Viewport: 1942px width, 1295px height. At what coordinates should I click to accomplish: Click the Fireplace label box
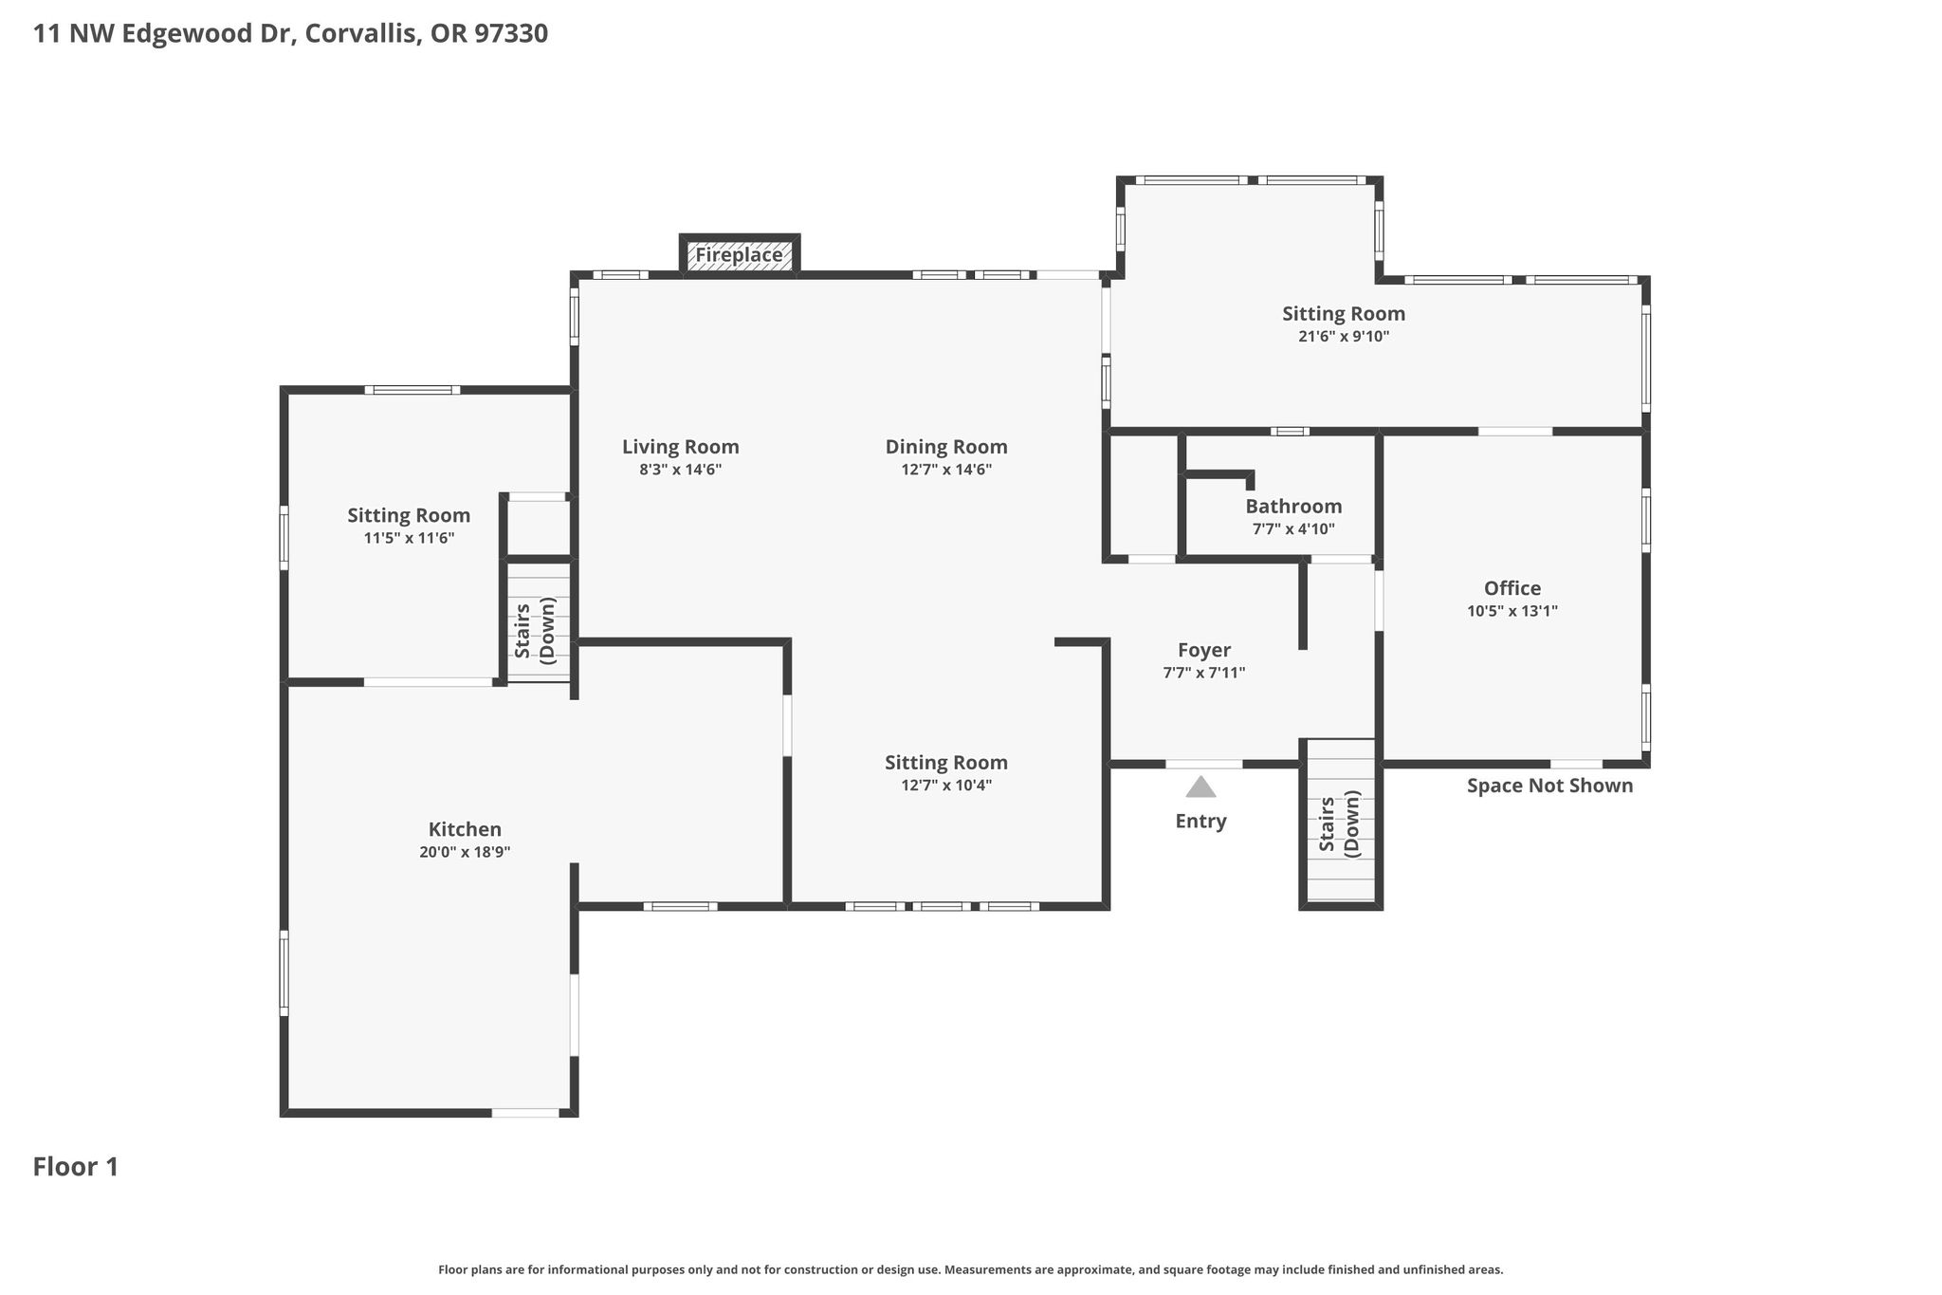[x=740, y=254]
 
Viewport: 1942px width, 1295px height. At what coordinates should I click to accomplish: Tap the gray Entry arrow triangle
[x=1200, y=786]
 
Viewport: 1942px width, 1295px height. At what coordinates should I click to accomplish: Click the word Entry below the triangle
[x=1200, y=822]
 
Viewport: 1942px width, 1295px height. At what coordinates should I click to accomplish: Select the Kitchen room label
[x=465, y=829]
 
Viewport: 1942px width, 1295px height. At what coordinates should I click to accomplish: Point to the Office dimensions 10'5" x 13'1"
[x=1512, y=611]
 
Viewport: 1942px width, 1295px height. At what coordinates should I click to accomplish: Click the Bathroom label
[x=1293, y=506]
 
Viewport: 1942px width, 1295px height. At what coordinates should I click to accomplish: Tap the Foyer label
[x=1204, y=650]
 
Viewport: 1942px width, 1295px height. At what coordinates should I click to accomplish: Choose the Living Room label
[x=681, y=447]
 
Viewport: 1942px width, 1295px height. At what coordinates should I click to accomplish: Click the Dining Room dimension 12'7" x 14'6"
[x=946, y=470]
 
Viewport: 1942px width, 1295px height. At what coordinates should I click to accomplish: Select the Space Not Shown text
[x=1549, y=786]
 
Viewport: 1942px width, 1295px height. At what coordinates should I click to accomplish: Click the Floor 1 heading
[x=76, y=1167]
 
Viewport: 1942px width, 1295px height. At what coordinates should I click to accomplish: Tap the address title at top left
[x=290, y=34]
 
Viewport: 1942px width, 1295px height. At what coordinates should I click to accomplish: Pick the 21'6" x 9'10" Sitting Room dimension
[x=1344, y=337]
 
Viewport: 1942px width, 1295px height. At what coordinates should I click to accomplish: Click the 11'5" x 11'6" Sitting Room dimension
[x=409, y=539]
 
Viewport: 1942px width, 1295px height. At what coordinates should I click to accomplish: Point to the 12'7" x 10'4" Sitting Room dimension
[x=945, y=786]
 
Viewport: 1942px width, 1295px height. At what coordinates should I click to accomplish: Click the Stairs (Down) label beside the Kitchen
[x=534, y=630]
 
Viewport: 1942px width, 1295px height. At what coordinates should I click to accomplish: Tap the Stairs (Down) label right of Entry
[x=1339, y=823]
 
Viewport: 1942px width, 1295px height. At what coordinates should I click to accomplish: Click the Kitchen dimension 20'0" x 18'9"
[x=465, y=852]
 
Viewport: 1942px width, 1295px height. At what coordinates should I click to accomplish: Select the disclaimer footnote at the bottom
[x=970, y=1269]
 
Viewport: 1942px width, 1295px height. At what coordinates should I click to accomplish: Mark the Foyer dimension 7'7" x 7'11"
[x=1204, y=674]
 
